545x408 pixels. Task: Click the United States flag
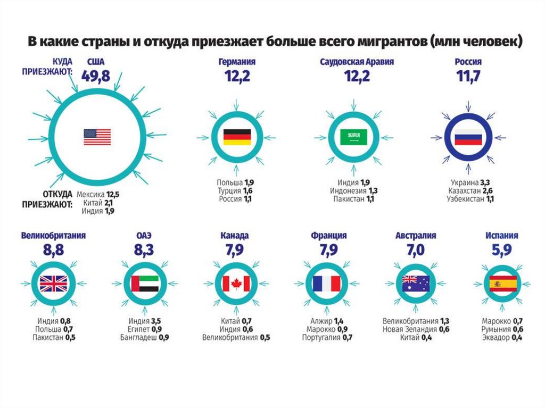tap(97, 137)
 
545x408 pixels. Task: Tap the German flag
tap(237, 137)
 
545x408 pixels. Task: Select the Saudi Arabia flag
tap(354, 137)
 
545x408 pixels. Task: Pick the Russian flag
tap(468, 137)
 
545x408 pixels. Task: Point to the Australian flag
tap(416, 284)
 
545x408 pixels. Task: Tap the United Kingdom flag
tap(54, 284)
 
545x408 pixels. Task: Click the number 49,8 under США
tap(96, 76)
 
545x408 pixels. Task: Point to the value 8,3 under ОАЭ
tap(144, 249)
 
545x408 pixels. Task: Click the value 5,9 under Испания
tap(501, 249)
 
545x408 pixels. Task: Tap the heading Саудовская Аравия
tap(357, 62)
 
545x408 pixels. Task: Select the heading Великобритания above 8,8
tap(54, 235)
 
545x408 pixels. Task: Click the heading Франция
tap(329, 235)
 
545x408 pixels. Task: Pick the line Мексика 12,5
tap(97, 195)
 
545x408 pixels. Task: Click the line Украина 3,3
tap(473, 182)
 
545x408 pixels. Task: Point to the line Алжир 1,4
tap(327, 321)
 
